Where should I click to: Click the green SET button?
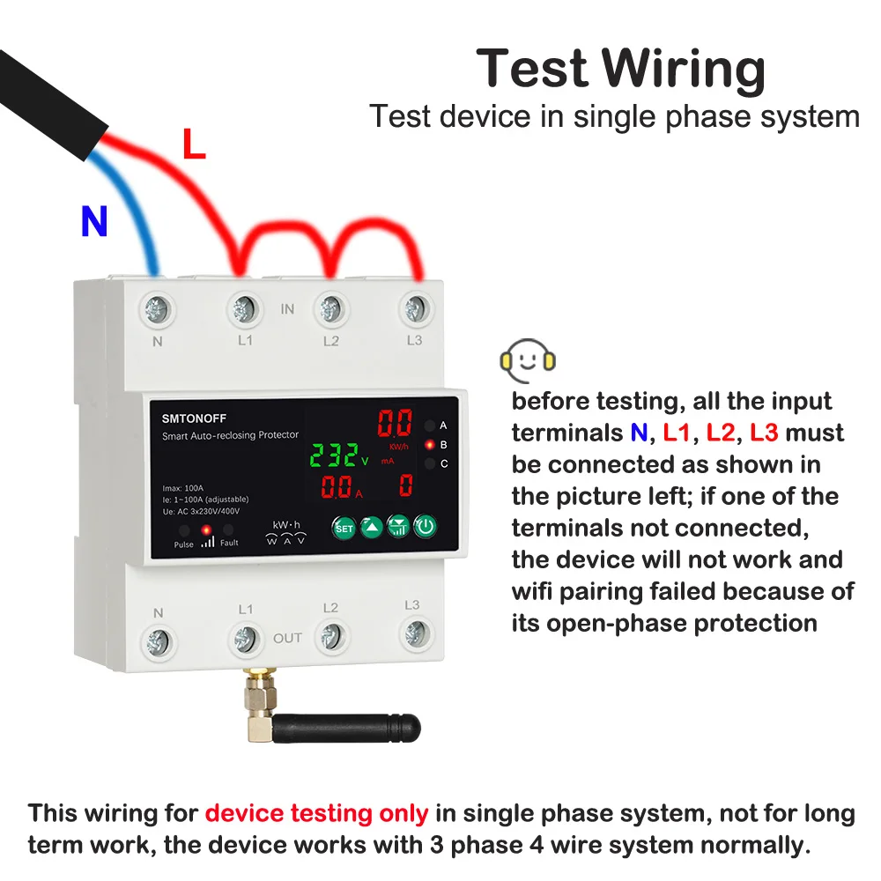click(344, 528)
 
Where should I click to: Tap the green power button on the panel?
click(426, 528)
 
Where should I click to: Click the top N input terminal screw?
click(159, 309)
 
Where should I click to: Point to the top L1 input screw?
click(244, 308)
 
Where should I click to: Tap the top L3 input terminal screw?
click(415, 308)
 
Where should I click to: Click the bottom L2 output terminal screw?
click(330, 633)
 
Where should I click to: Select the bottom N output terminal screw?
click(159, 640)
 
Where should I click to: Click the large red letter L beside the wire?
click(194, 145)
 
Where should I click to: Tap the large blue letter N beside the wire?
click(94, 223)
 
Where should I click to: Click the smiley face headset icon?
click(527, 360)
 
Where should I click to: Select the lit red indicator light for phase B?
click(429, 445)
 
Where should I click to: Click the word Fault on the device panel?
click(229, 543)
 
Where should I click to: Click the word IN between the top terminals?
click(287, 309)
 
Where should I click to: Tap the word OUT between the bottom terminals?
click(287, 638)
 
